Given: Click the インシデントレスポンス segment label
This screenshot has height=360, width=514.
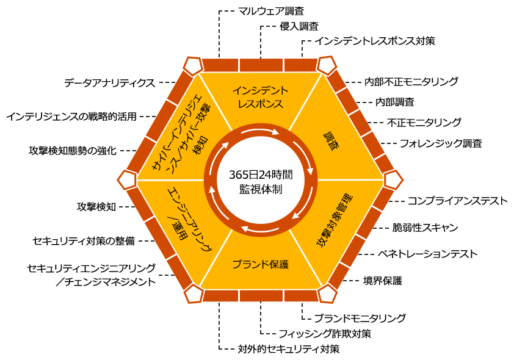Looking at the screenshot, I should coord(260,97).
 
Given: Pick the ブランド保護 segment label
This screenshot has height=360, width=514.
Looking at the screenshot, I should coord(260,264).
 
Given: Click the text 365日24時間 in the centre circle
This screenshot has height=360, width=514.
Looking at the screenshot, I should coord(261,175).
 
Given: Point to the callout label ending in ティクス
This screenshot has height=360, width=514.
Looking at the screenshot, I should coord(110,83).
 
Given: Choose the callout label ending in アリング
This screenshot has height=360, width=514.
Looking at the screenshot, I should coord(92,268).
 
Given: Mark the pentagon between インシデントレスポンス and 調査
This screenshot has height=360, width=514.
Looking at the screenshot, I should coord(327,65).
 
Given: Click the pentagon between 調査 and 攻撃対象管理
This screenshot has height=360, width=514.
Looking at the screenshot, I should coord(393,180).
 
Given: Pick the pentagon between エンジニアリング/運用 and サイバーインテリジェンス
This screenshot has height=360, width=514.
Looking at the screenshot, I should coord(127,180).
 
